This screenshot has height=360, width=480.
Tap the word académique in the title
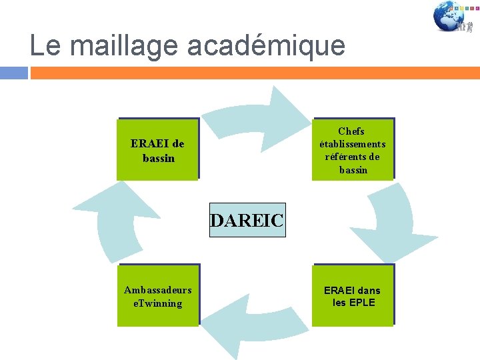267,45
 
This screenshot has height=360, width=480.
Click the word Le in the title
45,45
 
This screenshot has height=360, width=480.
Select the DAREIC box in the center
247,221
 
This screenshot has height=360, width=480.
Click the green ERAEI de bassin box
158,149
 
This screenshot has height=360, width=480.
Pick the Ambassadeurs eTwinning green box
158,295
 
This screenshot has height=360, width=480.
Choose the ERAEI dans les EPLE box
353,295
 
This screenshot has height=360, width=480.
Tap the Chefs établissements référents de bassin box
353,149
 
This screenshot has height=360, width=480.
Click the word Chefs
351,131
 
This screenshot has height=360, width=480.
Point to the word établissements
352,144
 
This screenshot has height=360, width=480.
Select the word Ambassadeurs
158,290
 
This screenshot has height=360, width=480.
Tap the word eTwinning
158,303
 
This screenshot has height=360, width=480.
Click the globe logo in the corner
450,17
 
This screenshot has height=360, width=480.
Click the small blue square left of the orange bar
14,72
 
